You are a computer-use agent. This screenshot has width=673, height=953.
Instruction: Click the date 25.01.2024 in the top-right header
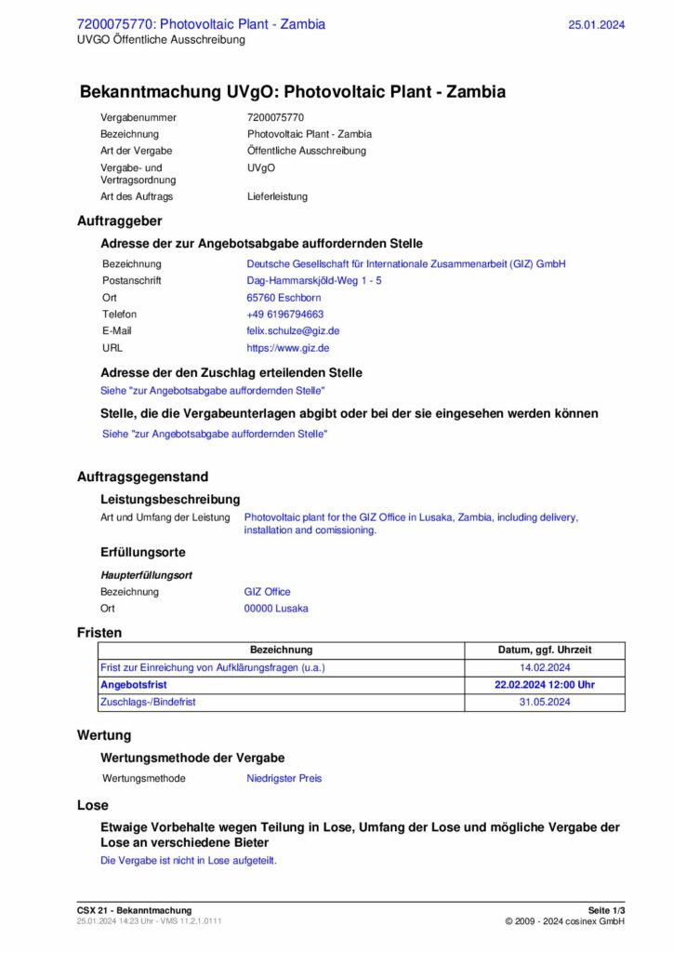(x=596, y=25)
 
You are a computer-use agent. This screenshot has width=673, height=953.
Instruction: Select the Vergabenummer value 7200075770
(x=276, y=118)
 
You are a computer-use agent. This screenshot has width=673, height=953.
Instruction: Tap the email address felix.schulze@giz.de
(x=293, y=330)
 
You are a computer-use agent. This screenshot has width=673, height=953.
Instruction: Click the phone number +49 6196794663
(x=285, y=315)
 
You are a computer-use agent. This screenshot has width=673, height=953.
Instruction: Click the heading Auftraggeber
(x=119, y=221)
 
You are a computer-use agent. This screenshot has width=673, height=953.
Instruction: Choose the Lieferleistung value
(x=277, y=196)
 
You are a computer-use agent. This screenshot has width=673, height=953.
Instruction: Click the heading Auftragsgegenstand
(x=142, y=476)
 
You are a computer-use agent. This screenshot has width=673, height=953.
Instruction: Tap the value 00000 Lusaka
(x=276, y=609)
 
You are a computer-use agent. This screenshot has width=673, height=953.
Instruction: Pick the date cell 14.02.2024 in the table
(x=545, y=667)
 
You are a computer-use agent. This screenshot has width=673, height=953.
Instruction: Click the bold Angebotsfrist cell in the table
(x=134, y=684)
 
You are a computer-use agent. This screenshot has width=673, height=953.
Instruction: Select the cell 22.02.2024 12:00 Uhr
(x=545, y=684)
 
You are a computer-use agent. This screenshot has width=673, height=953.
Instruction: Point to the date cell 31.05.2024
(x=545, y=702)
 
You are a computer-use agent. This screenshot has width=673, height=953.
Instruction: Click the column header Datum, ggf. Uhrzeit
(x=545, y=650)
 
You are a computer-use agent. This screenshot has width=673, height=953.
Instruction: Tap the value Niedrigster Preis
(x=284, y=778)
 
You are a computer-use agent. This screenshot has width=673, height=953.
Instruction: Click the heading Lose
(x=93, y=805)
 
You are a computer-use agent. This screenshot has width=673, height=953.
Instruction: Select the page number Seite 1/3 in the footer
(x=606, y=910)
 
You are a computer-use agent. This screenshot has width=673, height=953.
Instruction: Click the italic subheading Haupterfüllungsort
(x=147, y=575)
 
